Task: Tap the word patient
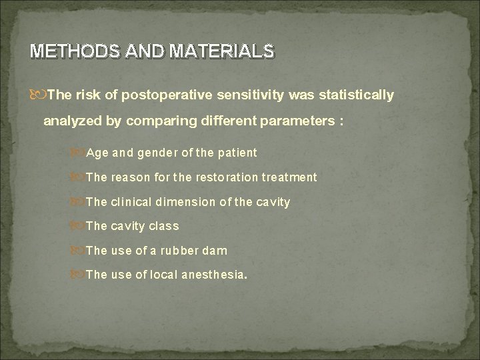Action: click(235, 153)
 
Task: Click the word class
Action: click(163, 226)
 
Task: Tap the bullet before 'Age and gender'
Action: click(80, 153)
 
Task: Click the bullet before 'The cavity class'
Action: click(80, 226)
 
